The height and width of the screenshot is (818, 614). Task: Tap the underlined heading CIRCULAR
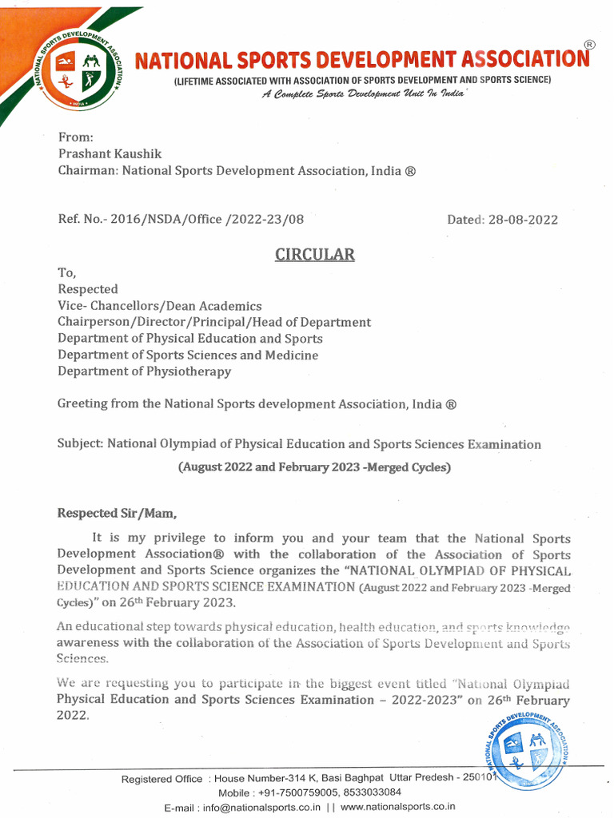[314, 255]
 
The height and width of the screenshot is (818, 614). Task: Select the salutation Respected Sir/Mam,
[116, 514]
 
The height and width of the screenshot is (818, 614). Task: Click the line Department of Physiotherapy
[144, 371]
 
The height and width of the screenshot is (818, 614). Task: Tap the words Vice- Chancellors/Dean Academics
[159, 306]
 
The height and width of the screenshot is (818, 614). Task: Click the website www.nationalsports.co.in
[398, 808]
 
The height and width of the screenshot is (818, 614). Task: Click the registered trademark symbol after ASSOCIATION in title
[589, 45]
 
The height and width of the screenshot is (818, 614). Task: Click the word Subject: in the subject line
[81, 444]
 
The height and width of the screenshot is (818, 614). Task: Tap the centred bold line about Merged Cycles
[314, 467]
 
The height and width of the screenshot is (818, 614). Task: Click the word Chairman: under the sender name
[88, 171]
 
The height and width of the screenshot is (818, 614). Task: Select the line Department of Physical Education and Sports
[190, 339]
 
